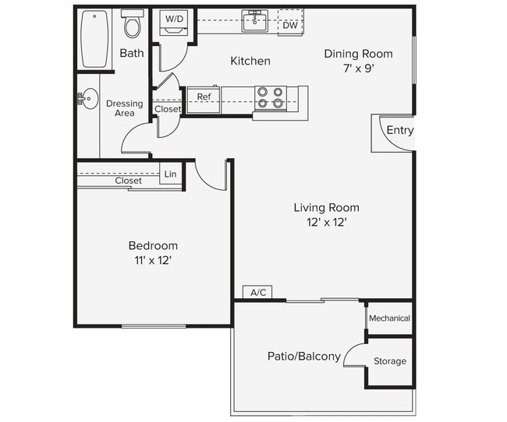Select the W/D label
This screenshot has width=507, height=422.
173,18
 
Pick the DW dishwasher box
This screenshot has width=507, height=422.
289,25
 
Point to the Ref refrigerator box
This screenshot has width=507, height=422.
204,97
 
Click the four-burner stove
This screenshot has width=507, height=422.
270,97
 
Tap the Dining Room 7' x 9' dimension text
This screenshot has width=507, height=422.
358,68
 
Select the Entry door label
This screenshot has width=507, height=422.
399,130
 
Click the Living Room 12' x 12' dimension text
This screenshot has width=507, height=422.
326,222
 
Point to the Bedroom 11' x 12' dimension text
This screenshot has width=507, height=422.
153,261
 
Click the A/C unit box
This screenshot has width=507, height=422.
257,293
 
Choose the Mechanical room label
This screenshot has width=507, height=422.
389,318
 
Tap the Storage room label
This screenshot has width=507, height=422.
389,361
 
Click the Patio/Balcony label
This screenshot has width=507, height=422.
303,357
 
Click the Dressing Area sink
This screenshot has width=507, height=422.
88,99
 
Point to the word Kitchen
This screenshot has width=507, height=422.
250,61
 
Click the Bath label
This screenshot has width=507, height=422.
131,54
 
